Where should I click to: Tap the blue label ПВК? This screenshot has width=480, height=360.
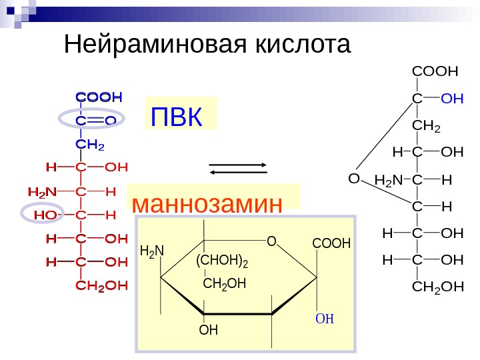(x=176, y=118)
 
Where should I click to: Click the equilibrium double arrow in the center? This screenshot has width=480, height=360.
(x=239, y=168)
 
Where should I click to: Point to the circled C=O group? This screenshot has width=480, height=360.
(x=92, y=120)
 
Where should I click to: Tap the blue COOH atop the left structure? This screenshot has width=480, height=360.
(x=99, y=97)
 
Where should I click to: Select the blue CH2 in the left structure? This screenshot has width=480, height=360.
(x=91, y=144)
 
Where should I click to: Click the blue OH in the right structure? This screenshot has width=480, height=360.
(x=453, y=99)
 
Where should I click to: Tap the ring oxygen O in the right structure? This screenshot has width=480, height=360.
(x=353, y=179)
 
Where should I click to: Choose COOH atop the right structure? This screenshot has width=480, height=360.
(x=436, y=70)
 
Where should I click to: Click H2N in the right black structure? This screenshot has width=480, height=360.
(x=389, y=180)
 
